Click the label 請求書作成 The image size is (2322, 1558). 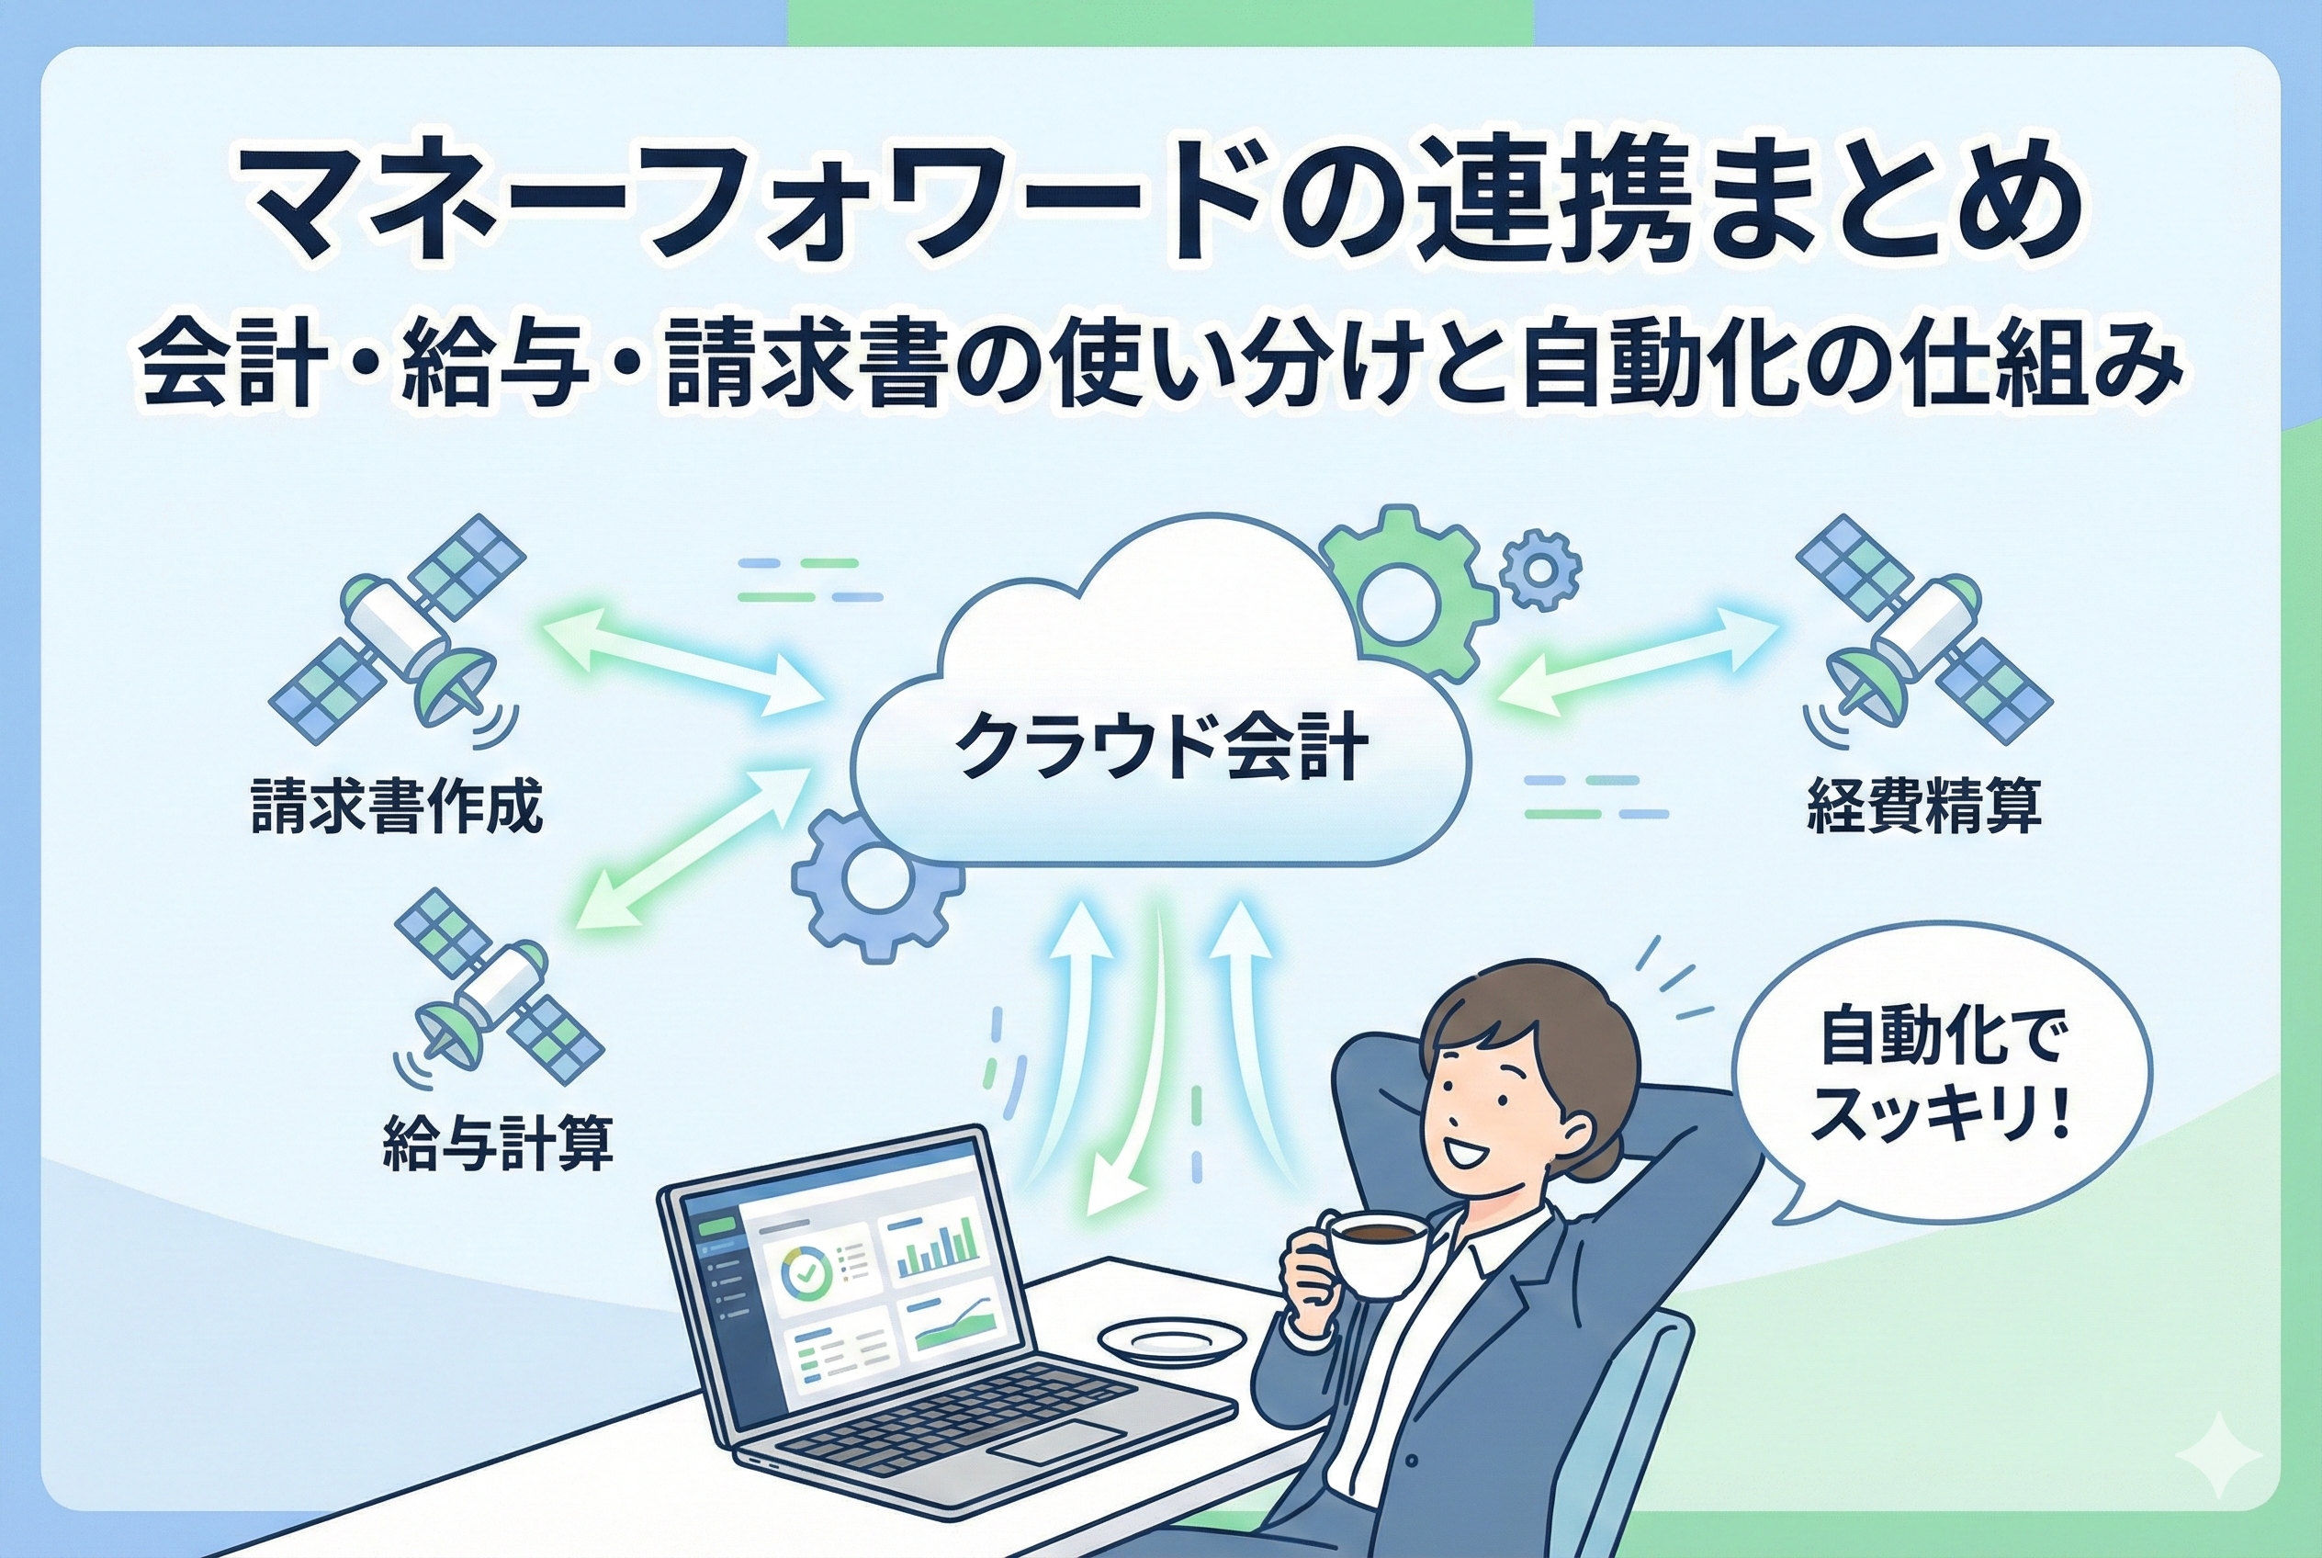397,807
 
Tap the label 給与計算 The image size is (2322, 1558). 498,1144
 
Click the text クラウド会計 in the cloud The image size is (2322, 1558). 1160,747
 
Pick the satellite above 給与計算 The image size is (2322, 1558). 500,986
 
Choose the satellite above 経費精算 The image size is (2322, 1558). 1922,628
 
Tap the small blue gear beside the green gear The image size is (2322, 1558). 1540,570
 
